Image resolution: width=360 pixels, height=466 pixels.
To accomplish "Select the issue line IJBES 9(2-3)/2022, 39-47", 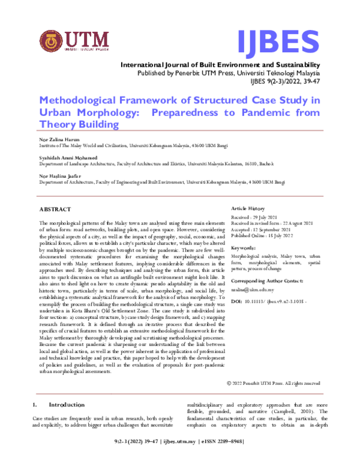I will [287, 81].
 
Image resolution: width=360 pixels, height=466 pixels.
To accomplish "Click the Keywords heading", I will [244, 247].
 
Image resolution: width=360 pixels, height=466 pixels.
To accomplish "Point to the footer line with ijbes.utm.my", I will [179, 458].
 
